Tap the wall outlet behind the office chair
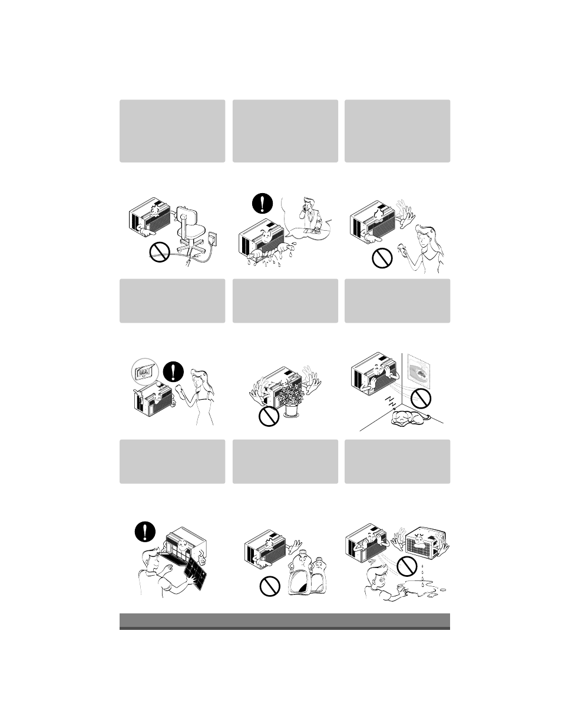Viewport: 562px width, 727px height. (x=214, y=238)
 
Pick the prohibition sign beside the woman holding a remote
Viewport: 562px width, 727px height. (x=382, y=258)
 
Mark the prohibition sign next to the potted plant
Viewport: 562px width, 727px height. (x=269, y=417)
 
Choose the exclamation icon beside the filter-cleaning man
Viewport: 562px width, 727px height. (x=144, y=532)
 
